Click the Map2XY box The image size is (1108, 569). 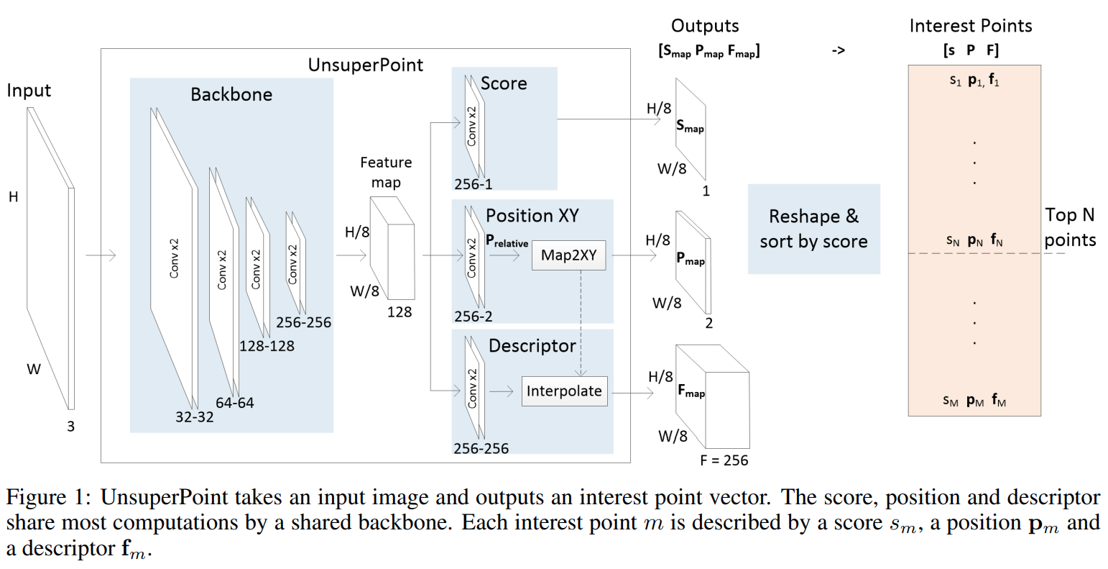click(x=568, y=255)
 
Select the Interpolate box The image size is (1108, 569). click(x=564, y=391)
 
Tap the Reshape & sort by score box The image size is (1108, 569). click(x=813, y=229)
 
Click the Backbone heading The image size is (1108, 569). click(x=231, y=94)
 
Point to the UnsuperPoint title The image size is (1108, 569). click(x=366, y=65)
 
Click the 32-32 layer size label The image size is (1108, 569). click(x=194, y=416)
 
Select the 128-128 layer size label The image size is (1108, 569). click(x=267, y=346)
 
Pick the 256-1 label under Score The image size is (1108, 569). click(x=474, y=184)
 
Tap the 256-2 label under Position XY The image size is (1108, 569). click(x=474, y=317)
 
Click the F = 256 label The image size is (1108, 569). click(x=724, y=460)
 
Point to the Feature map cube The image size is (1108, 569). click(x=392, y=248)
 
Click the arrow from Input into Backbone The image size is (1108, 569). click(x=101, y=255)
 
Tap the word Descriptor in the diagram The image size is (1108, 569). click(x=532, y=346)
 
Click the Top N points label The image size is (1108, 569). click(x=1070, y=227)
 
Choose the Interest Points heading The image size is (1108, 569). click(x=970, y=26)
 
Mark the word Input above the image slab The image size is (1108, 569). click(x=29, y=91)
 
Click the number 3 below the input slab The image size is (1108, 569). click(x=70, y=427)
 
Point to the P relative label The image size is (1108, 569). click(x=507, y=242)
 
